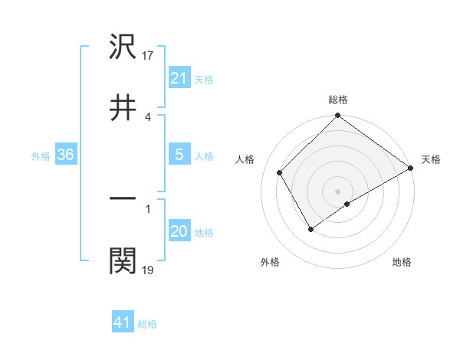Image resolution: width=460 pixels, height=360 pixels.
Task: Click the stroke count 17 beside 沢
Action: click(149, 56)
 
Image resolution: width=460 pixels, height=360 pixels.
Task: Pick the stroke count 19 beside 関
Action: click(149, 270)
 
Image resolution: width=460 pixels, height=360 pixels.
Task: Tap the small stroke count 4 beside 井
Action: click(148, 116)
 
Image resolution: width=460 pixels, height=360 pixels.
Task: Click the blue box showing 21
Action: click(179, 78)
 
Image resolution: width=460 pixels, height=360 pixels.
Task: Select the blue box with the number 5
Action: click(179, 155)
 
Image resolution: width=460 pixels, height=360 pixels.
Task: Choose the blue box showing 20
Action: click(179, 232)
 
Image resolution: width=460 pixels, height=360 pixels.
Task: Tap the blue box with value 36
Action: click(66, 155)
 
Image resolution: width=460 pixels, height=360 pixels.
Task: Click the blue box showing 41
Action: click(123, 322)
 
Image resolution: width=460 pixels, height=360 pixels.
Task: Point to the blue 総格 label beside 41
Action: click(147, 324)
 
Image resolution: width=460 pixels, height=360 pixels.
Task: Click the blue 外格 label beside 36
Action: click(41, 156)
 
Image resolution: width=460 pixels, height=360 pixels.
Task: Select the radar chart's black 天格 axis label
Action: click(431, 159)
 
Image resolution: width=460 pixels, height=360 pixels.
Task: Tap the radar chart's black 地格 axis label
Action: click(402, 262)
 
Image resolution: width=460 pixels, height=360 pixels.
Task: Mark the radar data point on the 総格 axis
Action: click(337, 116)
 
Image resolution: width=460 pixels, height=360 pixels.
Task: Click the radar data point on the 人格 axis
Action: click(280, 172)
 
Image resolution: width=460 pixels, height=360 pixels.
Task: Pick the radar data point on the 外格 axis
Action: click(311, 228)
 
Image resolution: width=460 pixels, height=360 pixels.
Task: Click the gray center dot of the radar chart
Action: click(337, 191)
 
